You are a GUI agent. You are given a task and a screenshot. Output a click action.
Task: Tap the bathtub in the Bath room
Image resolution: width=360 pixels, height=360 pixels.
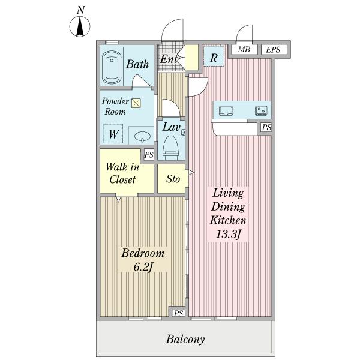click(112, 67)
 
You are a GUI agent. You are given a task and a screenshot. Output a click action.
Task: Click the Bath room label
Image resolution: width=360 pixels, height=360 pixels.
click(137, 64)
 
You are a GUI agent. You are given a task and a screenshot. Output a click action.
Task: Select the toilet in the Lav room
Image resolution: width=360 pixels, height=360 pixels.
click(170, 148)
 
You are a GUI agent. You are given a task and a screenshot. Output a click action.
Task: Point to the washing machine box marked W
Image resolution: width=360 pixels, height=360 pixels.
click(113, 134)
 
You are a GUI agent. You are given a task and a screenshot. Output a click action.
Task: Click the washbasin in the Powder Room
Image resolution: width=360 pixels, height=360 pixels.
click(143, 137)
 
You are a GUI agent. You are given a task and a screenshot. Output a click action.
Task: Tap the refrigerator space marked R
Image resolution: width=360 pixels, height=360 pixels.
click(214, 56)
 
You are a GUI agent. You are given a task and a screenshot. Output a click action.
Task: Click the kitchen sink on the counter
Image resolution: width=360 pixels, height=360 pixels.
click(226, 110)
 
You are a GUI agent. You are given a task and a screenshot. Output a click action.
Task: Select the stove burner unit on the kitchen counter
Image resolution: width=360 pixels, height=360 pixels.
click(261, 110)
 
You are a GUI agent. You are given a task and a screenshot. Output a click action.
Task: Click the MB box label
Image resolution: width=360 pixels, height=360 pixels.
click(244, 49)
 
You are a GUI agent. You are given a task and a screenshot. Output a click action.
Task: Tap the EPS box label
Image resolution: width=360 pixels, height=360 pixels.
click(273, 50)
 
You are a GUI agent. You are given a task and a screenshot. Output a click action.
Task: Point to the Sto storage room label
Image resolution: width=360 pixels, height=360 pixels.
click(173, 179)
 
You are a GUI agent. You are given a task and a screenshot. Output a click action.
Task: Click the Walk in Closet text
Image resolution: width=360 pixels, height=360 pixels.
click(122, 173)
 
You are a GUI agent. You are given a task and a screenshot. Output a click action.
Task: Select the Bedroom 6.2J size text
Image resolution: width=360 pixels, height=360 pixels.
click(143, 267)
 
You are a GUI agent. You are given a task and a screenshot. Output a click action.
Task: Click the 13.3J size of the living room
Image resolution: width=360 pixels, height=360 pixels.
click(228, 235)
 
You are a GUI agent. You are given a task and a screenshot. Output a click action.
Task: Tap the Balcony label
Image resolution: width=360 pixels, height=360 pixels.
click(185, 339)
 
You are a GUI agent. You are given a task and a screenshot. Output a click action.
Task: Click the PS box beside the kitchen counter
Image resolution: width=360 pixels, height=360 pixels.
click(266, 127)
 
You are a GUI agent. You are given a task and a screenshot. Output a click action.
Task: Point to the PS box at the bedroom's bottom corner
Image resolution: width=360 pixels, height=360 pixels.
click(178, 313)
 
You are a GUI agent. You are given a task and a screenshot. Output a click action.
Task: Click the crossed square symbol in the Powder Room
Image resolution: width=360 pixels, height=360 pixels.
click(136, 103)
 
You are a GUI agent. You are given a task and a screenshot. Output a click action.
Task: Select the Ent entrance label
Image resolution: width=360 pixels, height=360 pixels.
click(169, 59)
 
